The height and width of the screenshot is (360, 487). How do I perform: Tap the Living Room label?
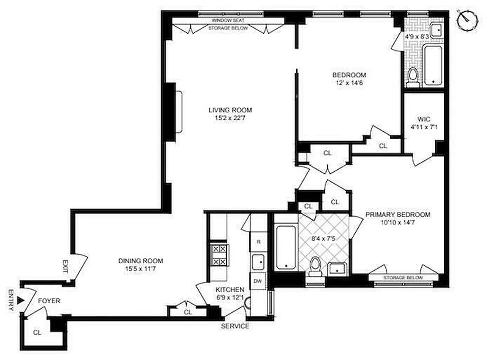230,110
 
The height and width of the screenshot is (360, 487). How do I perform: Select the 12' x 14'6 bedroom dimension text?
349,83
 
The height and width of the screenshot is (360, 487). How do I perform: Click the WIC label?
424,119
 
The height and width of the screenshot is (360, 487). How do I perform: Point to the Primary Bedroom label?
397,215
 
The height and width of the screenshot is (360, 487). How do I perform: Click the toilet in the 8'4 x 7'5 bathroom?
316,265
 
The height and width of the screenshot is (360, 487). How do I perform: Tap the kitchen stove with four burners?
220,255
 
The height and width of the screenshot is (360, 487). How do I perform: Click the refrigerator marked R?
258,242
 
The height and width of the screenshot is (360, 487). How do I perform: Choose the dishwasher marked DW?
258,280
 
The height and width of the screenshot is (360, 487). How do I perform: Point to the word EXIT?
65,267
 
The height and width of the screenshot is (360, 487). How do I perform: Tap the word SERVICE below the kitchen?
234,326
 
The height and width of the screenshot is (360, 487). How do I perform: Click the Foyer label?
49,301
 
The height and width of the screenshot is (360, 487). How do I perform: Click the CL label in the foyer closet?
37,333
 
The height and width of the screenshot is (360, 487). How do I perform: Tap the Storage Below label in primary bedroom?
403,278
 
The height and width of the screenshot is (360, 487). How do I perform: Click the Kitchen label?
230,289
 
